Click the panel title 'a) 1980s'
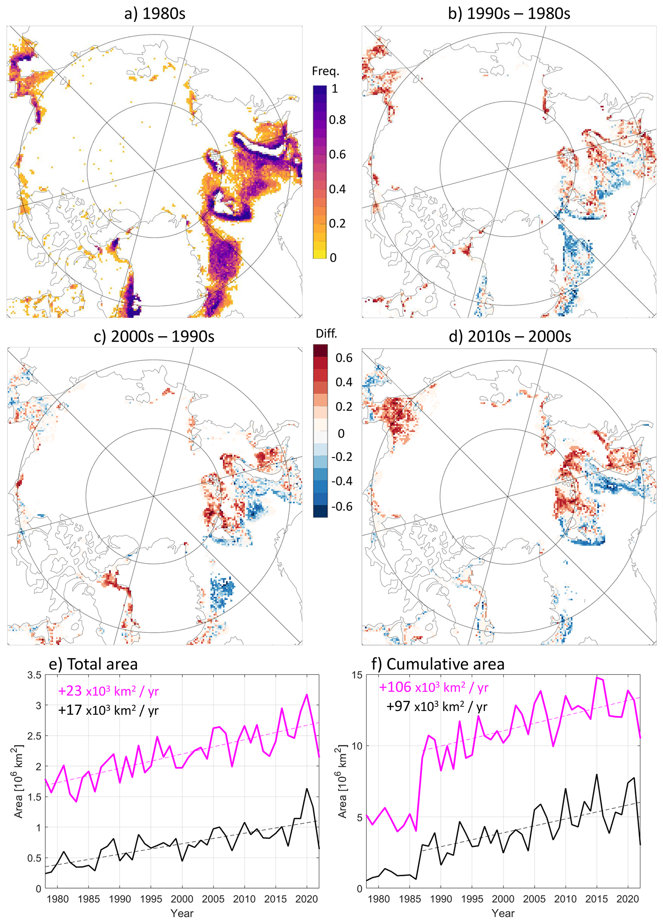pos(154,14)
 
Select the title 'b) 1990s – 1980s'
pos(509,14)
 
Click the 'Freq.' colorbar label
pos(325,71)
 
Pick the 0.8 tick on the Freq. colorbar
pos(337,120)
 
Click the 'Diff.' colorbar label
pos(327,334)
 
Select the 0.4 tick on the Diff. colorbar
pos(344,382)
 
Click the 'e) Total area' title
pos(93,664)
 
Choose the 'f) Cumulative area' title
pos(438,664)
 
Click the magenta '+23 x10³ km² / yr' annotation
pos(108,691)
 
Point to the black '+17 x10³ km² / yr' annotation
pos(108,710)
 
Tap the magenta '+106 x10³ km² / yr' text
pos(433,687)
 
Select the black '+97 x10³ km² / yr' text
pos(436,706)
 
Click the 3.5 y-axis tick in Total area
pos(34,675)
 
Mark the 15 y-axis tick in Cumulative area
pos(357,675)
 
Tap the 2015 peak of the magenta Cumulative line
pos(597,678)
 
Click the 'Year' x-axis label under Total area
pos(182,913)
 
